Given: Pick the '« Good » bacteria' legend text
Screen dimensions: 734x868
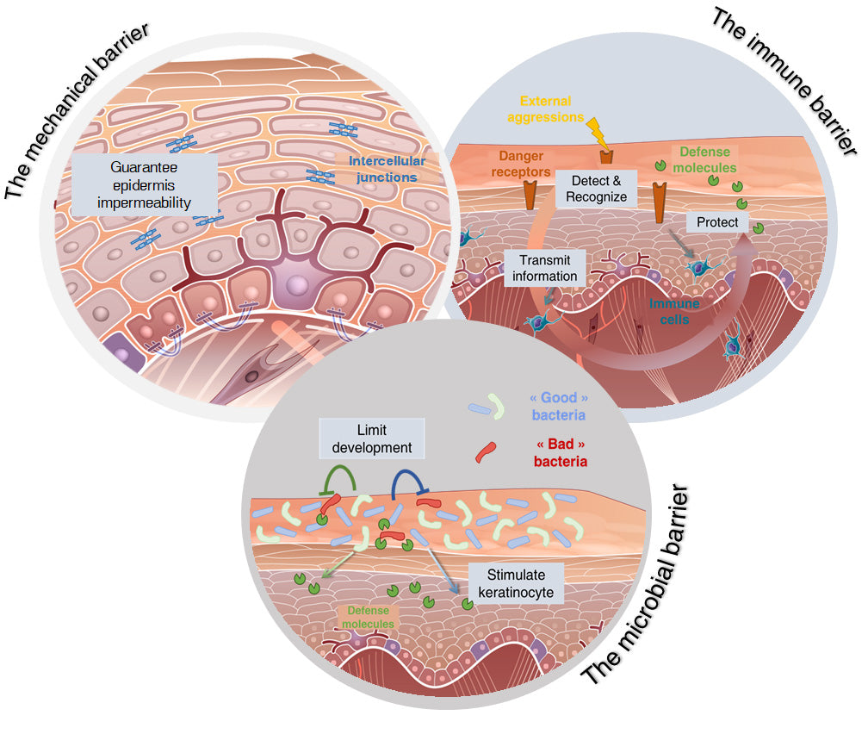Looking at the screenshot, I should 560,407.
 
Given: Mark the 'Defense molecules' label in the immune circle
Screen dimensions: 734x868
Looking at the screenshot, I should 707,160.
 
